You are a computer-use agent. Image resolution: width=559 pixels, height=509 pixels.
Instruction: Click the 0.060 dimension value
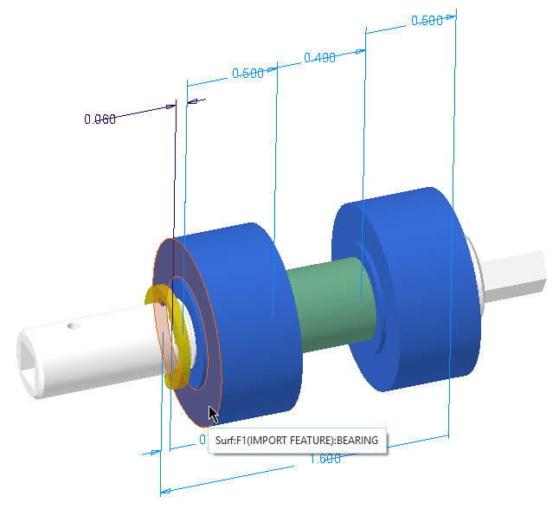(100, 119)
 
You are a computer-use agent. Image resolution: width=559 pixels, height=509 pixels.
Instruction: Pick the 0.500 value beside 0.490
(248, 74)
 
